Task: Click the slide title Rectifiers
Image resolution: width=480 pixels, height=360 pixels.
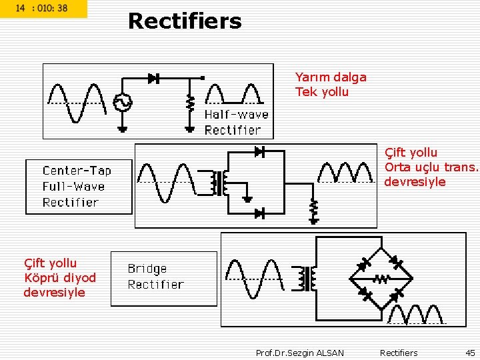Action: click(185, 21)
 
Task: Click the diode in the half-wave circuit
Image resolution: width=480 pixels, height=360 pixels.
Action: click(153, 78)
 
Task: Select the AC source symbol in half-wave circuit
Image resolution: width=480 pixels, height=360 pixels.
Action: click(122, 103)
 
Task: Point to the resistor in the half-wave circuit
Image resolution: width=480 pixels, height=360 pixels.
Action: click(190, 103)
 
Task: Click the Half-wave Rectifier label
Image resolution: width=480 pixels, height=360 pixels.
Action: click(236, 122)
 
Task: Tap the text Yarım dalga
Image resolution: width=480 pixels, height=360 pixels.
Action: click(331, 77)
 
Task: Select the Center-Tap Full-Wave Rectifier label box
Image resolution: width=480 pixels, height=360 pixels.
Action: click(78, 187)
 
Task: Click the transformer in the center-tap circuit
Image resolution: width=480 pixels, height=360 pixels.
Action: click(219, 183)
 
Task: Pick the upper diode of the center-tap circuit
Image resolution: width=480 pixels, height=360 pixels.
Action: click(259, 152)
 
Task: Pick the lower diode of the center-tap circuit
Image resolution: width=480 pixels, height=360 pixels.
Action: click(259, 213)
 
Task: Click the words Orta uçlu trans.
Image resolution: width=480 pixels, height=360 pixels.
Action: click(431, 167)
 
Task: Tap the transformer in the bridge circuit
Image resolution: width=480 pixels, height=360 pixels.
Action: click(307, 279)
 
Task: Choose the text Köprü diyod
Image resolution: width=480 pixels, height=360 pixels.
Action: click(60, 278)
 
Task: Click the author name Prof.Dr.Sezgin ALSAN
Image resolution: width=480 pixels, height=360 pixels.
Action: click(300, 353)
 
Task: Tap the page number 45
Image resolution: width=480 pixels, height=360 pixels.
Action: click(470, 353)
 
